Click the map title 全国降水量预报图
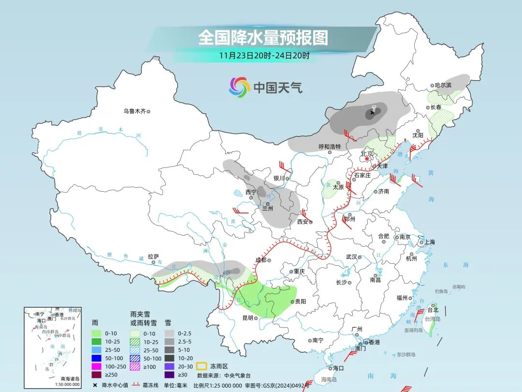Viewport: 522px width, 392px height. pos(263,37)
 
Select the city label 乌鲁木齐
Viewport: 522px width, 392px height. pos(134,111)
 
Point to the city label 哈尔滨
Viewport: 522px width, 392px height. pos(442,85)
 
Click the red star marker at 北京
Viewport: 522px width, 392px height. pos(367,158)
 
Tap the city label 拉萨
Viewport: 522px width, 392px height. pos(153,257)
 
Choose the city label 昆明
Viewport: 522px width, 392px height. pos(247,318)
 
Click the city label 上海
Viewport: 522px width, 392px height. pos(429,242)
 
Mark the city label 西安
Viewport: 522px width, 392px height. pos(303,222)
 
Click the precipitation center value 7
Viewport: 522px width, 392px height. pos(374,108)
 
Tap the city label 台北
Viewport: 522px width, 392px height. pos(433,310)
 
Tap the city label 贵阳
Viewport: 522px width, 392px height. pos(300,301)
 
